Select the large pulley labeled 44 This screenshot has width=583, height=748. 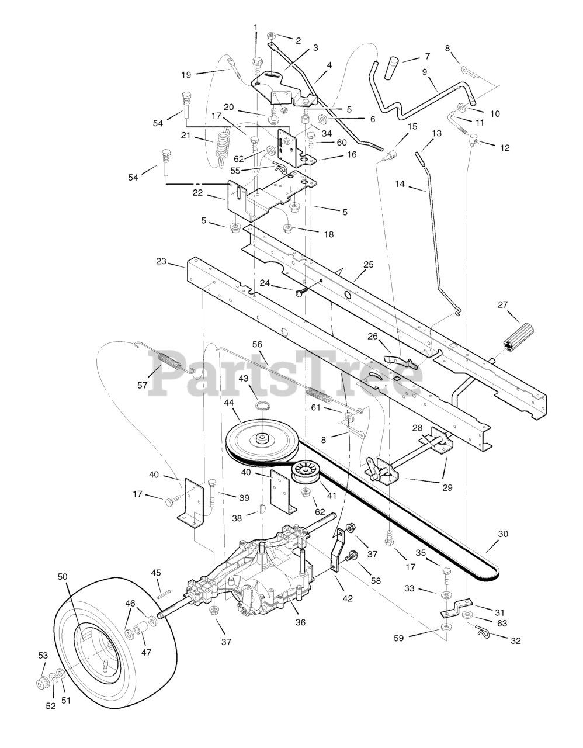point(258,439)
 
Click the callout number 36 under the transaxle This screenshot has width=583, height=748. point(300,622)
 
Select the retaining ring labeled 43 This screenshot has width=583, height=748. point(264,407)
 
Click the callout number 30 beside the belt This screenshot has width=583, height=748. point(502,534)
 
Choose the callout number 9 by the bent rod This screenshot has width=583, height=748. point(425,72)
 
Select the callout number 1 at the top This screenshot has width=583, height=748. point(255,26)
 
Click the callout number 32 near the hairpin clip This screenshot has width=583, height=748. point(515,641)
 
